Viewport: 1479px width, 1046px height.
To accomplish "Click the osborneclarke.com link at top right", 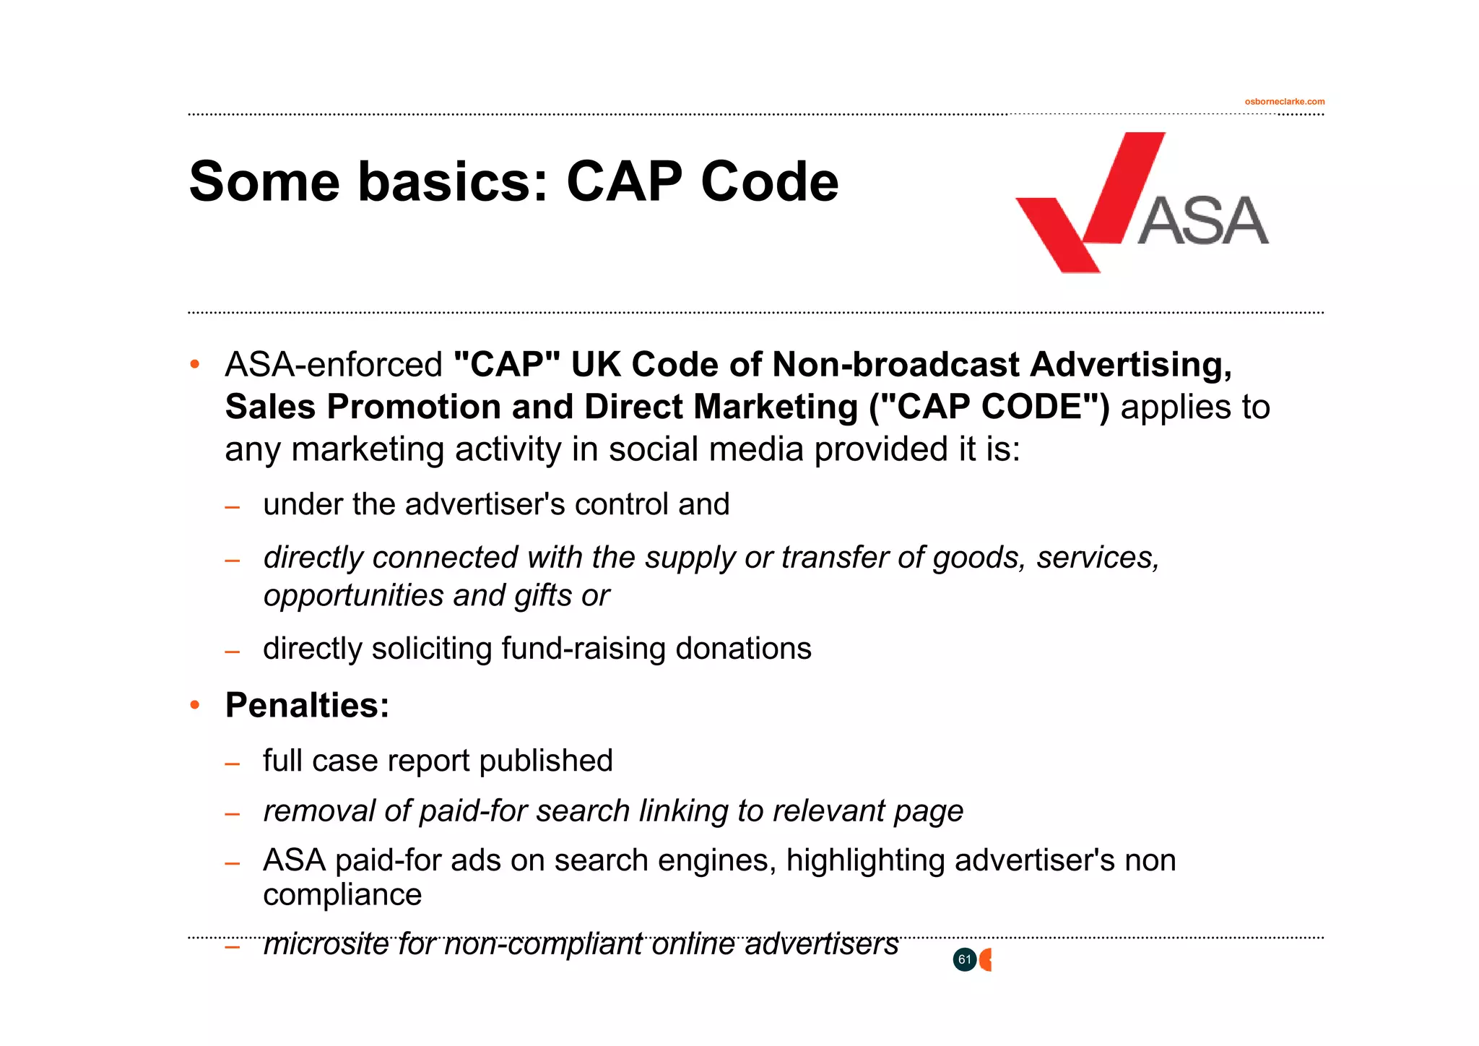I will [x=1284, y=102].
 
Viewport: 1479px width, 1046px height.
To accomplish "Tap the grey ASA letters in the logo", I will [x=1203, y=221].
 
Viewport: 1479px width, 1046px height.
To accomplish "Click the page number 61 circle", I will [x=964, y=959].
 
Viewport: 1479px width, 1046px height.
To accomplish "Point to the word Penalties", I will [x=307, y=705].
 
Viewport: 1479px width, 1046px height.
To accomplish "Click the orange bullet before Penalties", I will [x=194, y=705].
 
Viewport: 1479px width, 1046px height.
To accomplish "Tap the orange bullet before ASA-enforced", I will [x=194, y=365].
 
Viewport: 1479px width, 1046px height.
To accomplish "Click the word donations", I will [x=743, y=649].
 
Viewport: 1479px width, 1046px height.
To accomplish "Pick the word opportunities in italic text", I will [x=353, y=596].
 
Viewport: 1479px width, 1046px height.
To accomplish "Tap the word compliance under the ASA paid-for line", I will [x=342, y=895].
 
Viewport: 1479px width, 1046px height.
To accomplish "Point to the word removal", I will [x=318, y=811].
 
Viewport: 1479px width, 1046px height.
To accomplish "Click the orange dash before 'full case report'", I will [x=232, y=764].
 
